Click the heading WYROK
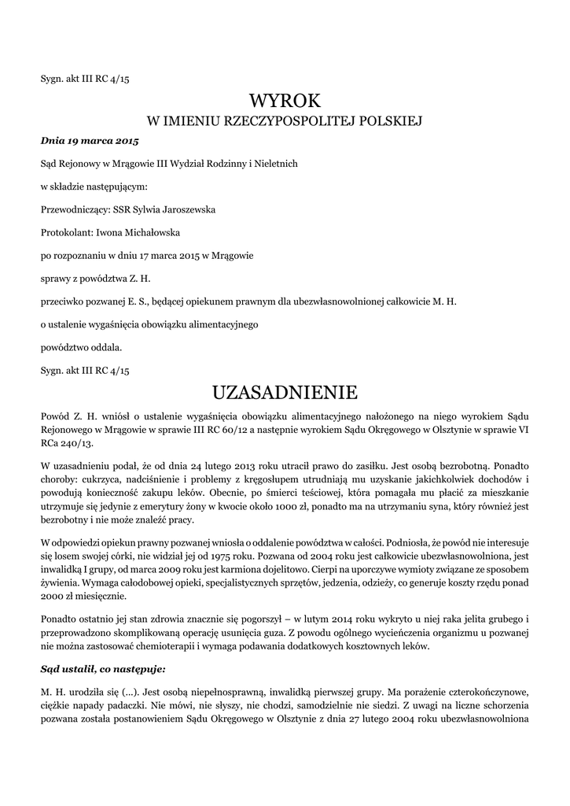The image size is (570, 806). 285,101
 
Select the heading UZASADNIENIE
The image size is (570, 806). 285,391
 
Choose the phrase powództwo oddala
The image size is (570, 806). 81,346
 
